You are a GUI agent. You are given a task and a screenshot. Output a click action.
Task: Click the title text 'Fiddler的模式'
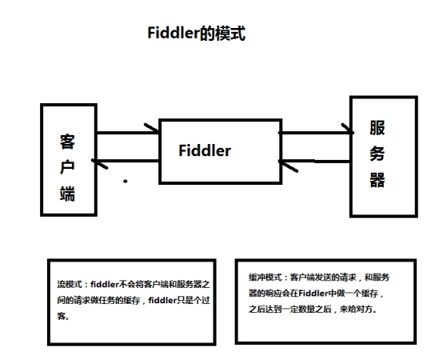pyautogui.click(x=196, y=34)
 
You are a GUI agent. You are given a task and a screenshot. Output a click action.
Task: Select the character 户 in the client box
pyautogui.click(x=68, y=167)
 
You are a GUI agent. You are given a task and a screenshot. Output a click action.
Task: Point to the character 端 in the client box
pyautogui.click(x=68, y=193)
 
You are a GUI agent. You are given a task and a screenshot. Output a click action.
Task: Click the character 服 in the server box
pyautogui.click(x=378, y=129)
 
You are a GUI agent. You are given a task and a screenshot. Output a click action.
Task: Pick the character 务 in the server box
pyautogui.click(x=378, y=154)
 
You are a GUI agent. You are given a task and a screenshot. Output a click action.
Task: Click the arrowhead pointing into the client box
pyautogui.click(x=100, y=163)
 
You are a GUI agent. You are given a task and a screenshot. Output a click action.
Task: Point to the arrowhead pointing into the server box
pyautogui.click(x=347, y=129)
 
